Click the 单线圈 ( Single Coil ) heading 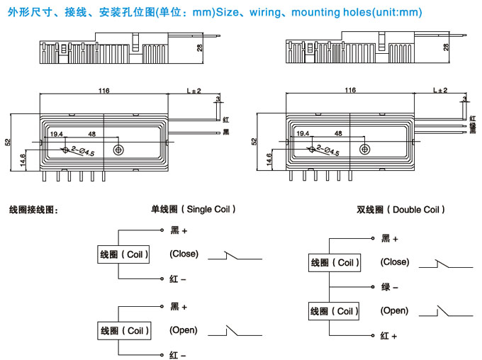(x=194, y=209)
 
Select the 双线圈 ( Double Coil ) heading (x=401, y=210)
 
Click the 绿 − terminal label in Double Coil (x=389, y=287)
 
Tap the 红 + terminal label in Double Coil (x=389, y=335)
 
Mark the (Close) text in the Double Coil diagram (x=395, y=261)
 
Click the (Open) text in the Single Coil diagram (x=183, y=330)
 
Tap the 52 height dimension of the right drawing (x=254, y=142)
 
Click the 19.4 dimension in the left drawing (x=57, y=133)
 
